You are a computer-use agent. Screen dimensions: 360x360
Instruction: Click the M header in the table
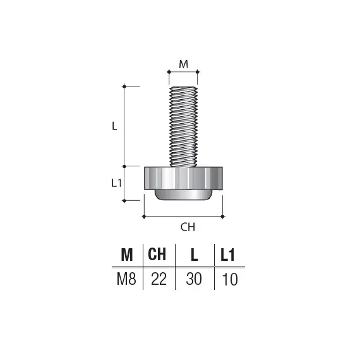(126, 255)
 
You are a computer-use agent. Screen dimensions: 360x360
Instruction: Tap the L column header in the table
(195, 255)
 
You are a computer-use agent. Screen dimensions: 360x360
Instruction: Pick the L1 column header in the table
(229, 255)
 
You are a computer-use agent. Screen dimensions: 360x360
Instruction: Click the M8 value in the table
(126, 279)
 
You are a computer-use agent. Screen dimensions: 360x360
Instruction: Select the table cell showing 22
(159, 279)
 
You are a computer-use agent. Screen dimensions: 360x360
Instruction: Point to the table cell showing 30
(195, 279)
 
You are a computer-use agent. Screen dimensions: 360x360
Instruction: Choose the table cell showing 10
(230, 279)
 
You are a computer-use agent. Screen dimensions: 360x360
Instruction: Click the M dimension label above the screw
(183, 63)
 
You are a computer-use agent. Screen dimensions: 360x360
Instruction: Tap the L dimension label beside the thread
(114, 126)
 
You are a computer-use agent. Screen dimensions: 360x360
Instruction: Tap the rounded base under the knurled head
(184, 195)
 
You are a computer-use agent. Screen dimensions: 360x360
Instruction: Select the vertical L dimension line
(124, 126)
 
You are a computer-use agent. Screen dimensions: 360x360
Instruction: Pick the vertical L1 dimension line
(124, 183)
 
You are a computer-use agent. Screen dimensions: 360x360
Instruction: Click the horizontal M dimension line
(183, 71)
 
